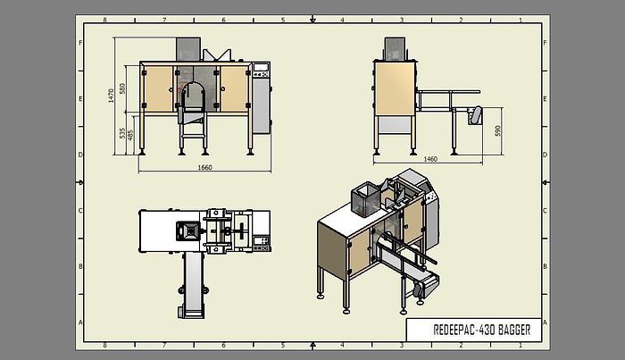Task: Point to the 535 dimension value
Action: tap(122, 134)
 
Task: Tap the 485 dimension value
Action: tap(131, 136)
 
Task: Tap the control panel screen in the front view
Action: tap(262, 69)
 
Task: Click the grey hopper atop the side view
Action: tap(395, 50)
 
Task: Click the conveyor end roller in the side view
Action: tap(477, 115)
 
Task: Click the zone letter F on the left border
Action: tap(81, 42)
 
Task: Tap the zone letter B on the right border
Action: tap(544, 266)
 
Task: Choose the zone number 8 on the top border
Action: tap(105, 19)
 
